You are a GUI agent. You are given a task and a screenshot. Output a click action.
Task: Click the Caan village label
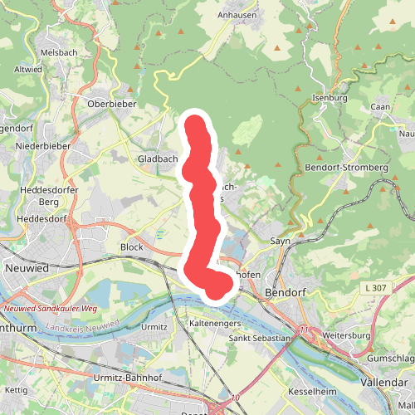(x=380, y=106)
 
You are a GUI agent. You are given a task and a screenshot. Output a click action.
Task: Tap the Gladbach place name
(x=158, y=159)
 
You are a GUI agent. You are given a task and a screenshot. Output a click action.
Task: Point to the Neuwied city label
(x=27, y=270)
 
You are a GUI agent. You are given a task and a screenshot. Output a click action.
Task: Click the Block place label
(x=132, y=247)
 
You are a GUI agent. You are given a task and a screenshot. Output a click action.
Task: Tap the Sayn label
(x=279, y=241)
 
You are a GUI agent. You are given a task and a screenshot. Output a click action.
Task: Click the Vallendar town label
(x=385, y=382)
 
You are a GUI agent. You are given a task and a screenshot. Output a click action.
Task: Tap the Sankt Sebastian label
(x=260, y=338)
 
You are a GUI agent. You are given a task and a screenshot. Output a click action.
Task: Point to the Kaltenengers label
(x=215, y=321)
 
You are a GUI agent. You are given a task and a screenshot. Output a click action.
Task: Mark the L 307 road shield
(x=374, y=287)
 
